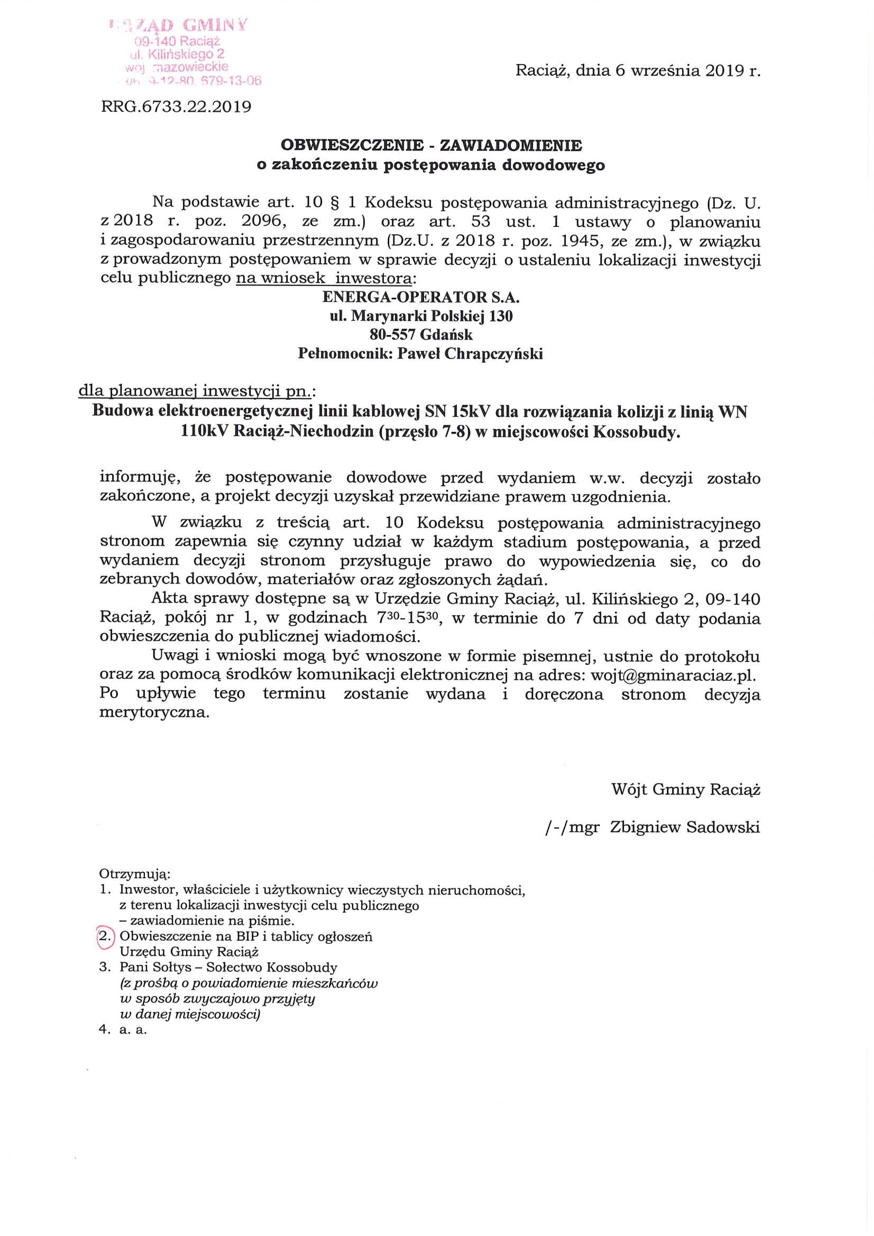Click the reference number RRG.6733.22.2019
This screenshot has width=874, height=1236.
point(176,107)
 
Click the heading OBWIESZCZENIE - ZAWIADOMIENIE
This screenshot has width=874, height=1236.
point(431,146)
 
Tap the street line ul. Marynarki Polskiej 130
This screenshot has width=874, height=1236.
point(421,316)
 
